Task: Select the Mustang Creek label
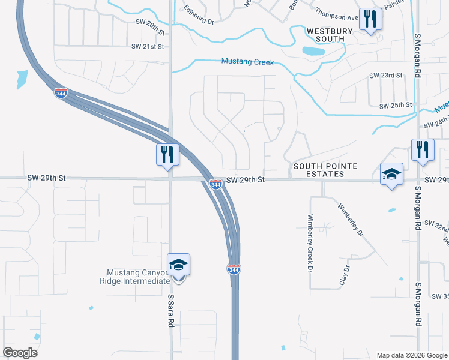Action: [247, 62]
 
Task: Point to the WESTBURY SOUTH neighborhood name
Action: [325, 34]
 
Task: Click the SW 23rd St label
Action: [385, 76]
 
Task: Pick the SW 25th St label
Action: [396, 106]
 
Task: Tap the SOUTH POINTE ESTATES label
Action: [326, 170]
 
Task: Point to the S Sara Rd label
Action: [171, 310]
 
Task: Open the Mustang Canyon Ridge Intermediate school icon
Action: [178, 266]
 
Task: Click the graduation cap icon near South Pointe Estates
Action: [391, 175]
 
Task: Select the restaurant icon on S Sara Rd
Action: [167, 154]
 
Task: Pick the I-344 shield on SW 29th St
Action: [216, 184]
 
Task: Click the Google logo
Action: [20, 353]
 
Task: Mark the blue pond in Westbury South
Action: [313, 51]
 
